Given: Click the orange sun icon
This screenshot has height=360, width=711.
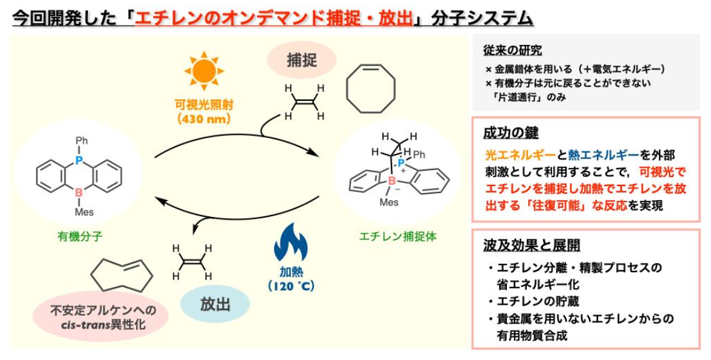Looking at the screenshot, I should (x=203, y=71).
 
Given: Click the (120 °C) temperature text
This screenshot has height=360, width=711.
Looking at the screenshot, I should (x=291, y=286).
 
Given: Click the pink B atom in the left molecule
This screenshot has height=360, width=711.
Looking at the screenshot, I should (x=79, y=192).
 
